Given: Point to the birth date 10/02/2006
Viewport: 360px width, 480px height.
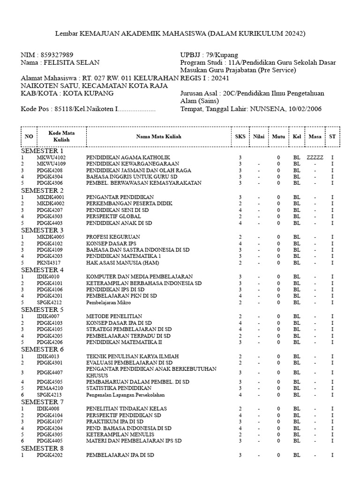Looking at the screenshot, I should (x=305, y=109).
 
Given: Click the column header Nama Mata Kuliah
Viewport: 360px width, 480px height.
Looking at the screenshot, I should (x=158, y=136).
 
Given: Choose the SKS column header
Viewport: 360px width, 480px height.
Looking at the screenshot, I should (x=240, y=136).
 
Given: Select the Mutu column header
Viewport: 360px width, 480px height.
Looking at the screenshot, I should (x=278, y=136).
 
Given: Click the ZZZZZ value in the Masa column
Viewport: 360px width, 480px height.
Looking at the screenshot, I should (x=315, y=157).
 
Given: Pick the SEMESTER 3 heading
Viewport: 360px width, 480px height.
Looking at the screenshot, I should (x=42, y=230).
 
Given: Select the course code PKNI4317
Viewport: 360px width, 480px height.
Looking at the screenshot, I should (x=50, y=263).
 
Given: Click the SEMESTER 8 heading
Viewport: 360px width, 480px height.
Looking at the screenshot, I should (x=42, y=448).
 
